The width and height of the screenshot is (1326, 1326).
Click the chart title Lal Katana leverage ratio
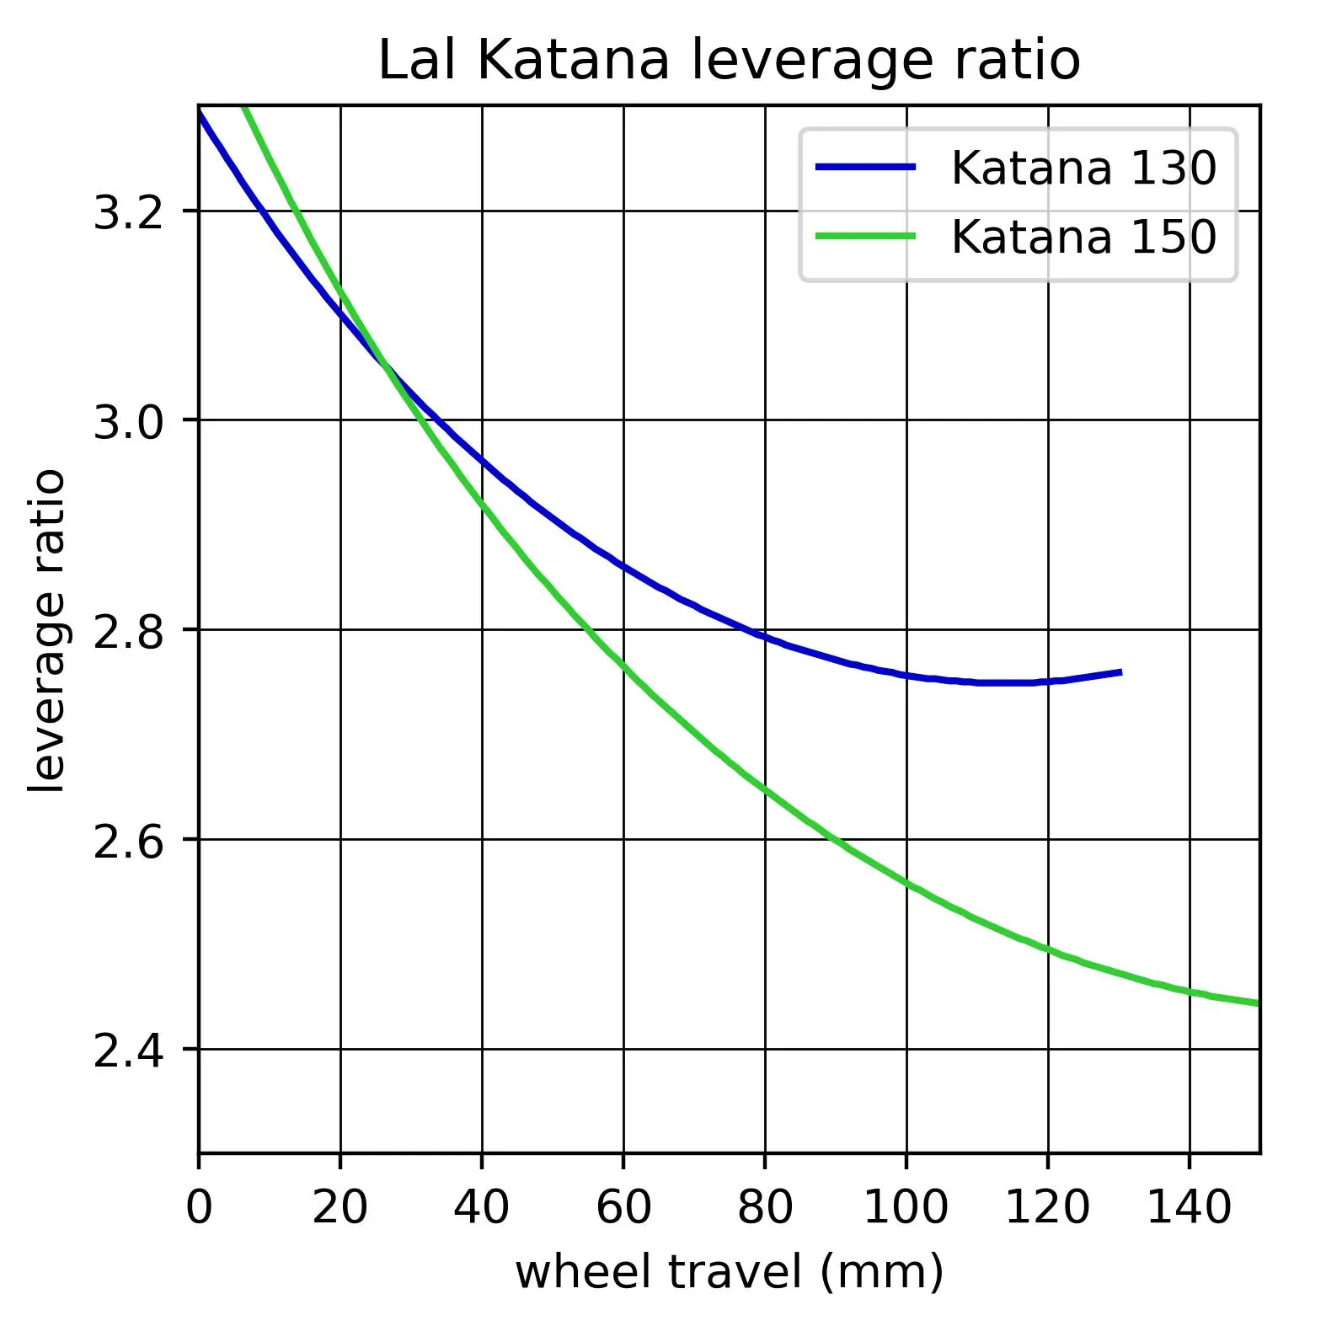[729, 61]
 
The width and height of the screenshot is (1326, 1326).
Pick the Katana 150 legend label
[1083, 237]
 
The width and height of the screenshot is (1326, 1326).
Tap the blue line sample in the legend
[865, 168]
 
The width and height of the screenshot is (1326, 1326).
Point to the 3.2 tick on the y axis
[126, 213]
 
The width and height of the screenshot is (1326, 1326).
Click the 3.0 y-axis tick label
[126, 422]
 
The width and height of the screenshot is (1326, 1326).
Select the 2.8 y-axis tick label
[126, 632]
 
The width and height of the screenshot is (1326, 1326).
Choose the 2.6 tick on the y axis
[126, 842]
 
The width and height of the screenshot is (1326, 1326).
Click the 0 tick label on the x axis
[199, 1207]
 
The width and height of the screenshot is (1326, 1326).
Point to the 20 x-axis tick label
[340, 1207]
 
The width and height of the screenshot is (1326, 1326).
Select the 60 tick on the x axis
[623, 1207]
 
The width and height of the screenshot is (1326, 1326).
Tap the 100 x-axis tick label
[906, 1207]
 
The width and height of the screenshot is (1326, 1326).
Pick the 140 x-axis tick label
[1190, 1207]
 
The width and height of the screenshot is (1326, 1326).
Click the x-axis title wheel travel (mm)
[729, 1272]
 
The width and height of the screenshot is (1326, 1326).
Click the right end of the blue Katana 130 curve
[1120, 671]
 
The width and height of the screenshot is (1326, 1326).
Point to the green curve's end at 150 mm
[1258, 1003]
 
